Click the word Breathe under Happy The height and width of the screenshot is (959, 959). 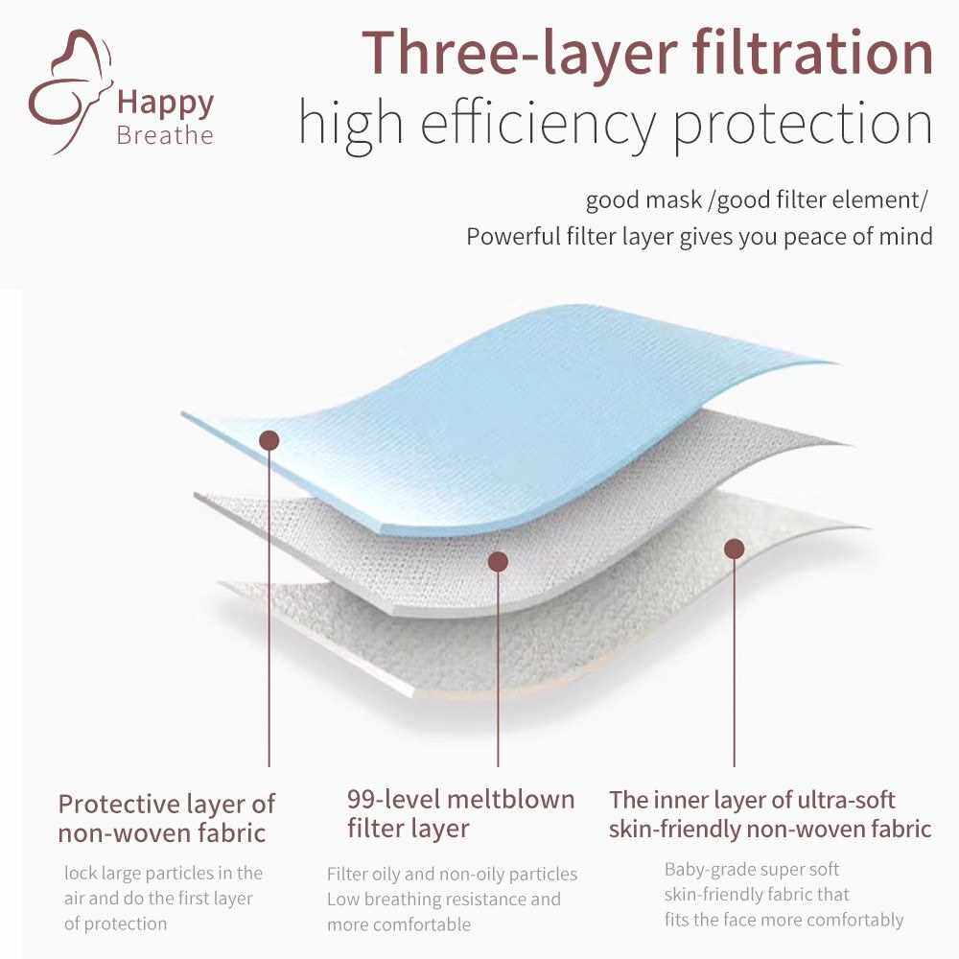pyautogui.click(x=165, y=135)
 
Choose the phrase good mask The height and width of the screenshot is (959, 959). pyautogui.click(x=643, y=200)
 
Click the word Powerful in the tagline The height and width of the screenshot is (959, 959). pyautogui.click(x=513, y=236)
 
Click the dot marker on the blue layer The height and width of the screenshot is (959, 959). pyautogui.click(x=269, y=440)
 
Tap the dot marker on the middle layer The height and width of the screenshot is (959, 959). pyautogui.click(x=499, y=561)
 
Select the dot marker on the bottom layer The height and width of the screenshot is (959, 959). pyautogui.click(x=734, y=549)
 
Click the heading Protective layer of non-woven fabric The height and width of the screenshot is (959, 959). pyautogui.click(x=166, y=818)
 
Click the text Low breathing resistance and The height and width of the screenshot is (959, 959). pyautogui.click(x=443, y=900)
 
